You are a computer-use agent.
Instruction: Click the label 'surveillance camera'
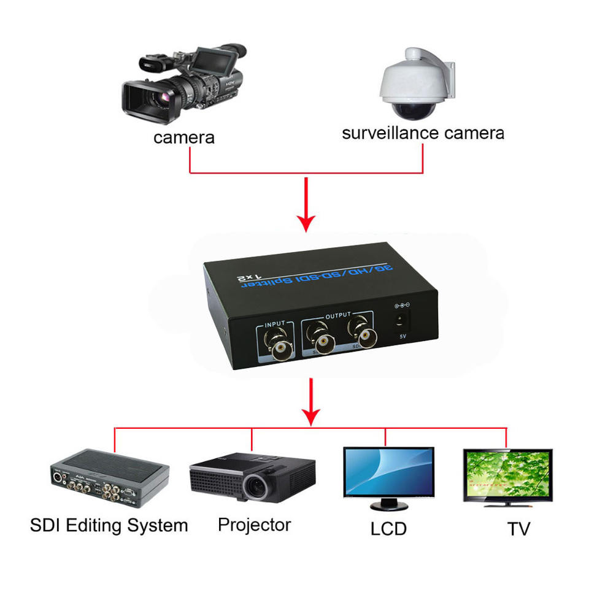click(423, 133)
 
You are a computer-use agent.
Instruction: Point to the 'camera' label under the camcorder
click(184, 137)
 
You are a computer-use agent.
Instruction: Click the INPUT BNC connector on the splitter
click(279, 347)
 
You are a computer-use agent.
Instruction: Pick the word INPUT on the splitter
click(275, 324)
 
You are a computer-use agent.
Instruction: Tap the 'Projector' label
click(254, 525)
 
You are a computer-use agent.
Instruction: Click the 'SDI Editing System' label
click(109, 526)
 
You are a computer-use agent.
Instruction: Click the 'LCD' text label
click(388, 528)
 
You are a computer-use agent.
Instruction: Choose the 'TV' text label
click(518, 528)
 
